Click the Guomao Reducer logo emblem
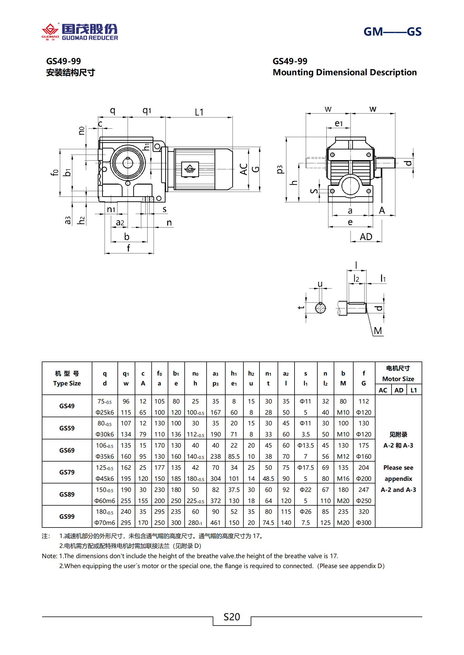click(50, 31)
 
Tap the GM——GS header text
click(392, 32)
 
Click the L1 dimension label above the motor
click(199, 112)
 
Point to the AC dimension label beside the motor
click(244, 169)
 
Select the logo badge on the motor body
click(190, 169)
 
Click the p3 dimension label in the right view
click(280, 170)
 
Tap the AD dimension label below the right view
click(366, 237)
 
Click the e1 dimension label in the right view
click(339, 123)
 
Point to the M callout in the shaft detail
click(378, 331)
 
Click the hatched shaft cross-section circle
click(321, 308)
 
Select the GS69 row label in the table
click(67, 450)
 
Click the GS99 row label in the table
click(67, 516)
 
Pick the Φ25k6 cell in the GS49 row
click(105, 412)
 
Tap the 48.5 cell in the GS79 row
click(268, 478)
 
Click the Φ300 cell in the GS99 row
click(363, 523)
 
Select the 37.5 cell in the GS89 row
click(234, 490)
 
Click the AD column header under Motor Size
click(399, 390)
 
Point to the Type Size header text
click(67, 383)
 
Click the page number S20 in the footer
click(232, 617)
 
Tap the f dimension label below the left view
click(128, 248)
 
